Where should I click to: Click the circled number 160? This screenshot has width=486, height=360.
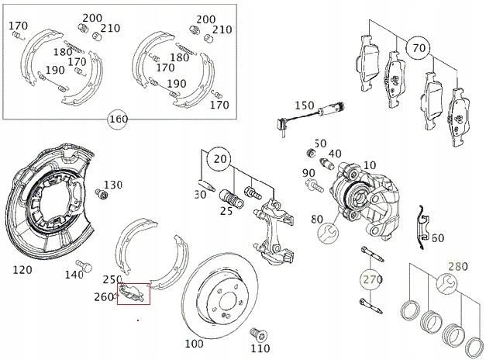119,119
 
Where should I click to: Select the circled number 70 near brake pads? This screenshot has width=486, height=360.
419,49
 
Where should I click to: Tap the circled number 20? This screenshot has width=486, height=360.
221,159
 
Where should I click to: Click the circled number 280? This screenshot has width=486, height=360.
458,267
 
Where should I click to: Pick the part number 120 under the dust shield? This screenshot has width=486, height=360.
23,270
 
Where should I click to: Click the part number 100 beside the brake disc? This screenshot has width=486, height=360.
194,342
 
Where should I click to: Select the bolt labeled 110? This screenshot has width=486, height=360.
259,334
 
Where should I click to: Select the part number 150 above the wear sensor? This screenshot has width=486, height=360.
304,105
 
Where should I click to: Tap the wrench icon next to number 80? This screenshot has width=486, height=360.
328,232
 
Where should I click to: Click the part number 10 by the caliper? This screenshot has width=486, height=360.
369,165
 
